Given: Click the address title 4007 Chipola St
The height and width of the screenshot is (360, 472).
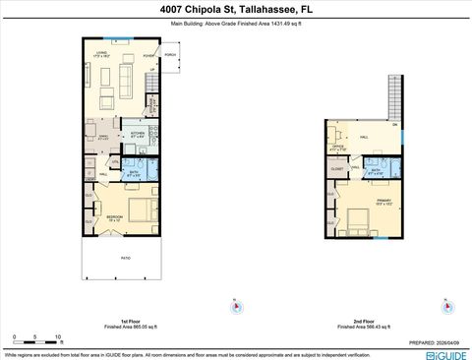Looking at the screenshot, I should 235,8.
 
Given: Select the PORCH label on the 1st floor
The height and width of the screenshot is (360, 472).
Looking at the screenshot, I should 169,55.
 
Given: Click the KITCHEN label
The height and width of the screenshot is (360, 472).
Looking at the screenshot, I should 138,132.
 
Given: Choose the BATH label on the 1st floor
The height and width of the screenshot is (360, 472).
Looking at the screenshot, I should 135,172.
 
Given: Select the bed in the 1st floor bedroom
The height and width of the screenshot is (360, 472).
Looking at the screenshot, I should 140,210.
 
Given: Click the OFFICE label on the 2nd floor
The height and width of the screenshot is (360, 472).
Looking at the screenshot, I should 337,147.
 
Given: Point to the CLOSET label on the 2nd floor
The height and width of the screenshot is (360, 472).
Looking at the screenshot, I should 337,169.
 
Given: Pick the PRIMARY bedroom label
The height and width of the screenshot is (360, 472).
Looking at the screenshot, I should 383,200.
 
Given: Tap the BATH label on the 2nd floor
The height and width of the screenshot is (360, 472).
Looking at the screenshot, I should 376,170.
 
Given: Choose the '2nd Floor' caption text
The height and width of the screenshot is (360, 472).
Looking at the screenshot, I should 365,321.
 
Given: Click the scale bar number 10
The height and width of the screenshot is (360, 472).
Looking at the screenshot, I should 58,336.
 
